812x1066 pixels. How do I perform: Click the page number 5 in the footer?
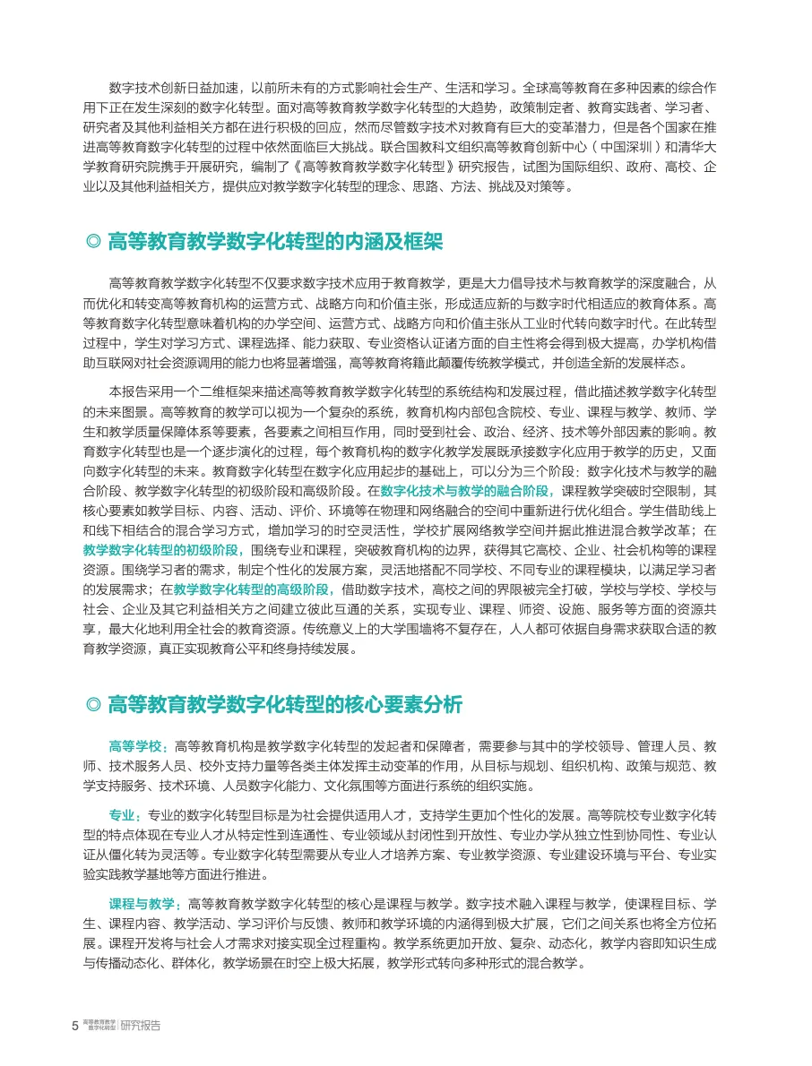tap(74, 1026)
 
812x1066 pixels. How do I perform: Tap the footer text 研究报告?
tap(141, 1026)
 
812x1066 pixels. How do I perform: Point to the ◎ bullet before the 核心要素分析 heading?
tap(92, 706)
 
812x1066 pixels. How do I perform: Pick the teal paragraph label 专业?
tap(124, 815)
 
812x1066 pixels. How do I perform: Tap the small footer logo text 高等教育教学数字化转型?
tap(99, 1026)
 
